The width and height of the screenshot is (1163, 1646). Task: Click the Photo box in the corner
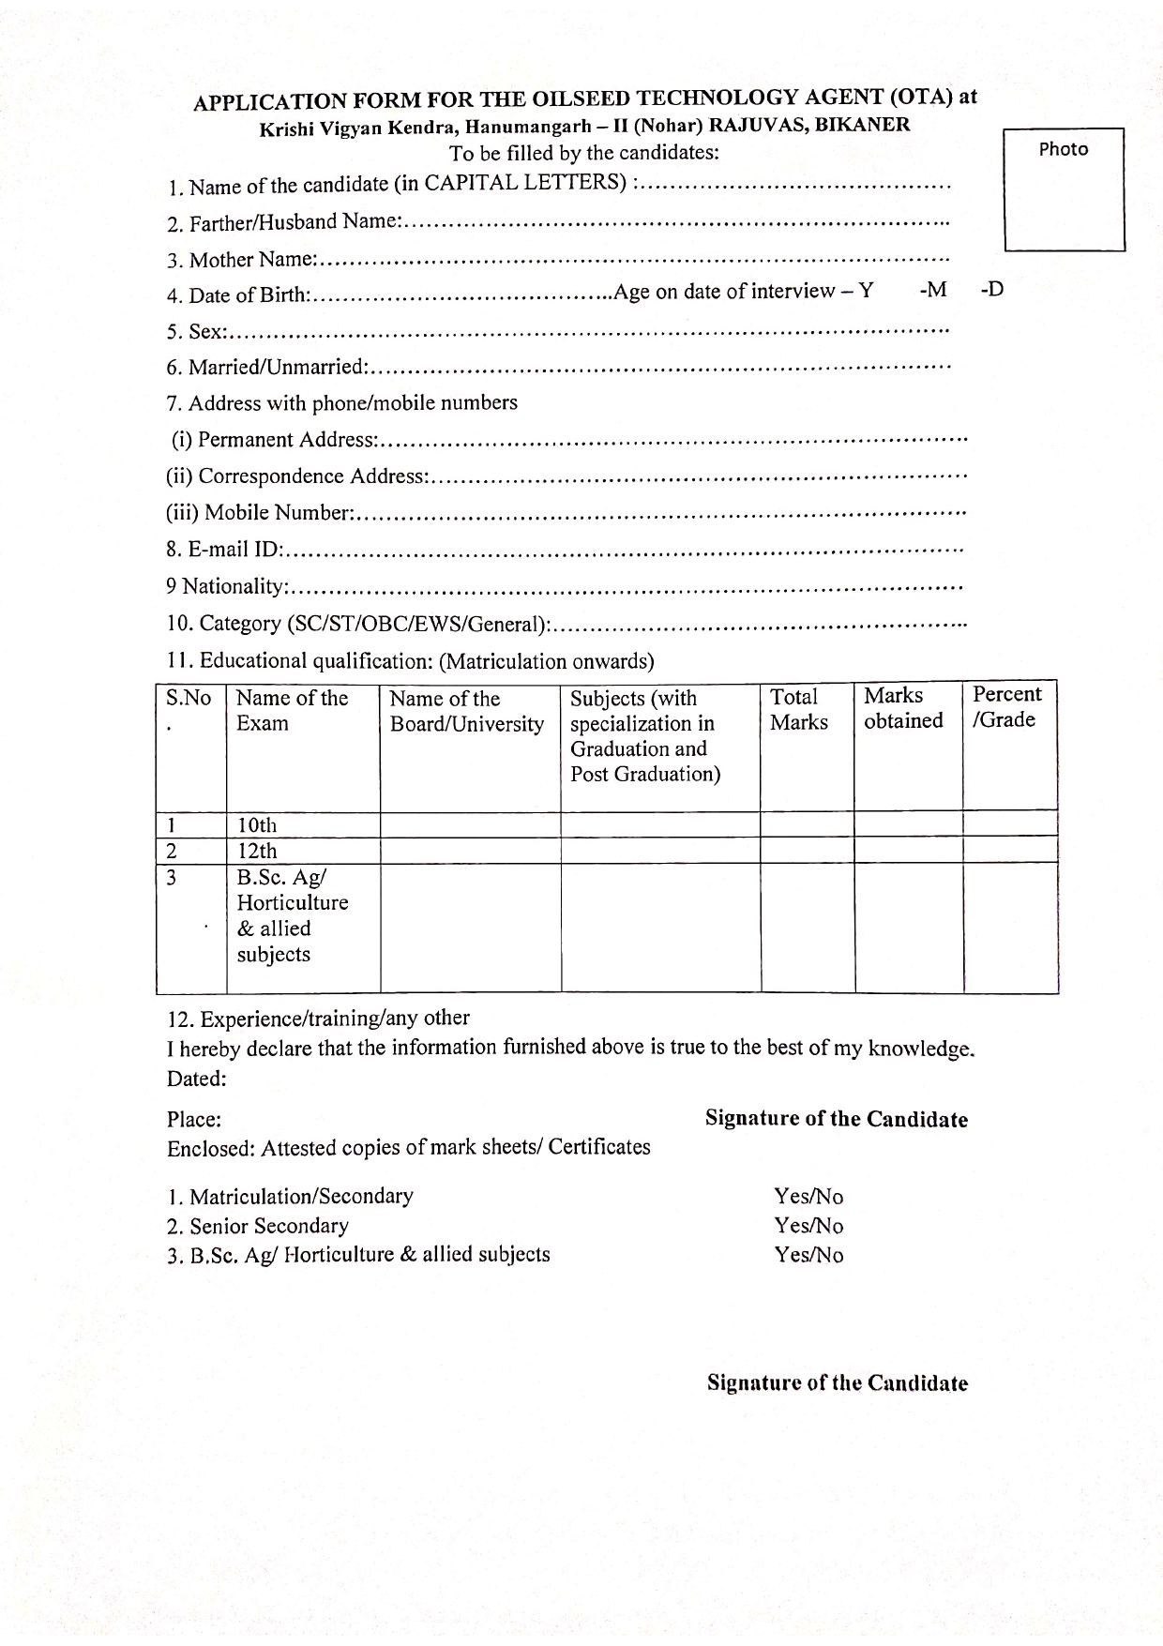pyautogui.click(x=1064, y=189)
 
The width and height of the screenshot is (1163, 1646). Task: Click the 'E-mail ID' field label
pyautogui.click(x=224, y=550)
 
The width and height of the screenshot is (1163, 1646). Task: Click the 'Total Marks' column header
pyautogui.click(x=798, y=709)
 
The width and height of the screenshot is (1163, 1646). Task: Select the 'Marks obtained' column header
pyautogui.click(x=902, y=708)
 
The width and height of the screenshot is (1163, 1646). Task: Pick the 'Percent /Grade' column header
pyautogui.click(x=1006, y=707)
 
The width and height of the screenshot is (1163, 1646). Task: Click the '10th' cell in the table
pyautogui.click(x=257, y=825)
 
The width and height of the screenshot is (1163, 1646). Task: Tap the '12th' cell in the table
pyautogui.click(x=257, y=851)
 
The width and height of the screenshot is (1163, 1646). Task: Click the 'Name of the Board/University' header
pyautogui.click(x=466, y=711)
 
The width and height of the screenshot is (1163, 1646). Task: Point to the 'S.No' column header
pyautogui.click(x=189, y=699)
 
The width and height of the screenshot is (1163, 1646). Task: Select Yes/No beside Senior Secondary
pyautogui.click(x=808, y=1226)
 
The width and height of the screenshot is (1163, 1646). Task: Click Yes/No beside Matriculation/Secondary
pyautogui.click(x=808, y=1197)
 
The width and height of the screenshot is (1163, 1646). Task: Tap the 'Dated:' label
pyautogui.click(x=197, y=1080)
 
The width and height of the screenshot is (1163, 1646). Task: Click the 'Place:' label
pyautogui.click(x=194, y=1120)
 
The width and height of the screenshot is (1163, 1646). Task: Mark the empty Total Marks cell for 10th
pyautogui.click(x=807, y=824)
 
